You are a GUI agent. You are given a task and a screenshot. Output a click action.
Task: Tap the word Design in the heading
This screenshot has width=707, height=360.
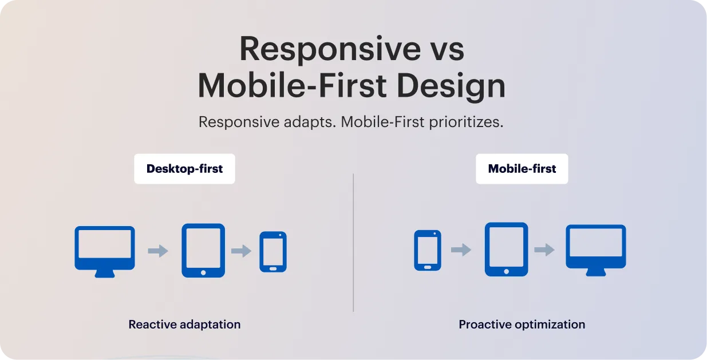coord(451,86)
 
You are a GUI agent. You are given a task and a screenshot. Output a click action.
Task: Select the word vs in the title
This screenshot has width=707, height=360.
coord(443,49)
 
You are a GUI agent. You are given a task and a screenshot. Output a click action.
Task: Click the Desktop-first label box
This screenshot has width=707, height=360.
coord(184,169)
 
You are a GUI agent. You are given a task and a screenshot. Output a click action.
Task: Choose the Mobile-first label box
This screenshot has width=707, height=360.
coord(522,169)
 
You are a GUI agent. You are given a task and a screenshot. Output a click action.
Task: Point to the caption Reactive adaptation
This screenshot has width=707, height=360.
coord(184,325)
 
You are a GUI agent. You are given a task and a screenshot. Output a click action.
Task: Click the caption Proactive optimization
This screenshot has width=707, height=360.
coord(522,325)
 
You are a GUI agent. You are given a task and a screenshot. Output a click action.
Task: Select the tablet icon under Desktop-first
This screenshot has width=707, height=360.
coord(203,250)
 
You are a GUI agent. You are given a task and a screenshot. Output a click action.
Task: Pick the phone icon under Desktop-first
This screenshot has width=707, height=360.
coord(273,251)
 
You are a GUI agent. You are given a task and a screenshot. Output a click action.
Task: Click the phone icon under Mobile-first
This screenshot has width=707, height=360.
coord(428,250)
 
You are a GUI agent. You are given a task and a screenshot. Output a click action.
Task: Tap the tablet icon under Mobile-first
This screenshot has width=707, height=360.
coord(506,249)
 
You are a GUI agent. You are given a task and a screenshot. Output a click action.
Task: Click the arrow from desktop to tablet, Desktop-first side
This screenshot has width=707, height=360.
coord(158,251)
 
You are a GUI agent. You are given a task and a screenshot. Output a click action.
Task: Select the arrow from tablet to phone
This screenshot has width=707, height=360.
coord(242,251)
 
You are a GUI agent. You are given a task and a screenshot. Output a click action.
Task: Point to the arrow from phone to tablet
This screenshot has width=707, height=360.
coord(461,250)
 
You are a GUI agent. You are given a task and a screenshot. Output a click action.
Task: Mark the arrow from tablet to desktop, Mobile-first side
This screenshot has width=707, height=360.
coord(544,250)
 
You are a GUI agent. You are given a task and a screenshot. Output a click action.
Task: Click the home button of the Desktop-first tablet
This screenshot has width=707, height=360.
coord(203,272)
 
